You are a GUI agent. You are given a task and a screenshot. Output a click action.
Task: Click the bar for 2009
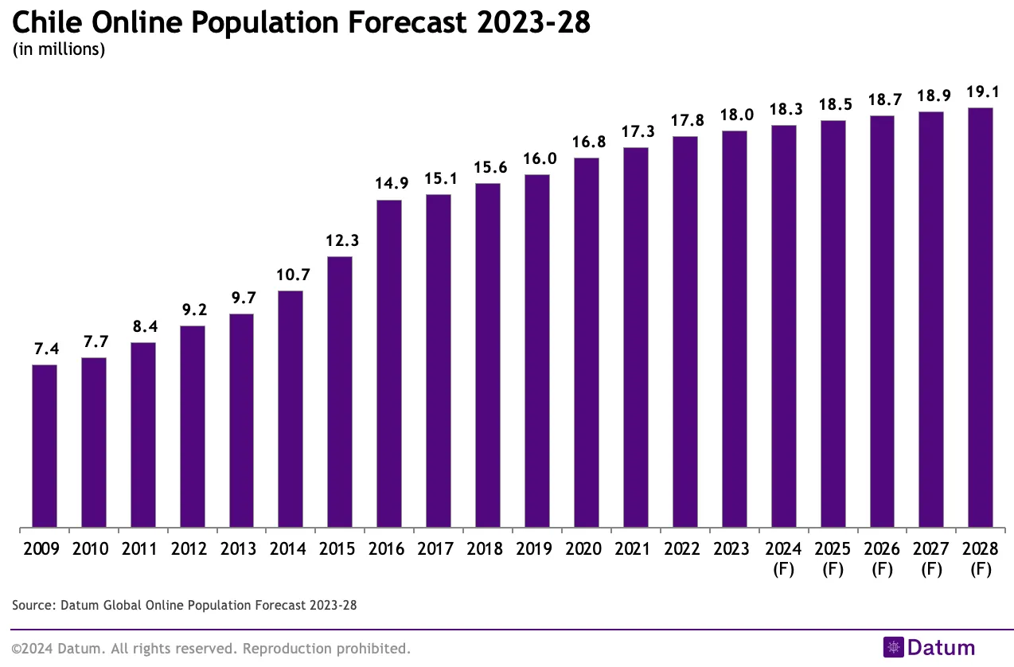45,446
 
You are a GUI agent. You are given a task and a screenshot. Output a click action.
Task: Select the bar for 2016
389,363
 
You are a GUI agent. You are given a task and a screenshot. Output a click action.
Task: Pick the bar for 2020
586,342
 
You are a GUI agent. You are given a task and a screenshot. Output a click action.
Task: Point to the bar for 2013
241,420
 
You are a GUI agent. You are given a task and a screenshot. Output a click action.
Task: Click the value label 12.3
340,240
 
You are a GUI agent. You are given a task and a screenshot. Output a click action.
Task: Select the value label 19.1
980,92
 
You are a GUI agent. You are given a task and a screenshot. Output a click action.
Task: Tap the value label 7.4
45,349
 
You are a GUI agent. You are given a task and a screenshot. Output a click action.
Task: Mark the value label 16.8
586,142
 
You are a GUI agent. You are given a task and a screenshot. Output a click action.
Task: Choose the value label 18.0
734,115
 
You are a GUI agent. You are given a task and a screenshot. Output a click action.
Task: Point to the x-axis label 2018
487,549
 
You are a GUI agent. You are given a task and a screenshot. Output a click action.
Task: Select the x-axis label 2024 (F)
783,560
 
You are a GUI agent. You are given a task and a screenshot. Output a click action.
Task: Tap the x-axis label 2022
684,549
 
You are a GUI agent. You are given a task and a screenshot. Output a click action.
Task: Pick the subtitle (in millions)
59,49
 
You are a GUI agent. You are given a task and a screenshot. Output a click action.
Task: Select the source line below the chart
185,605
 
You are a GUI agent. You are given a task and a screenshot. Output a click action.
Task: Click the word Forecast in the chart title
425,22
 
